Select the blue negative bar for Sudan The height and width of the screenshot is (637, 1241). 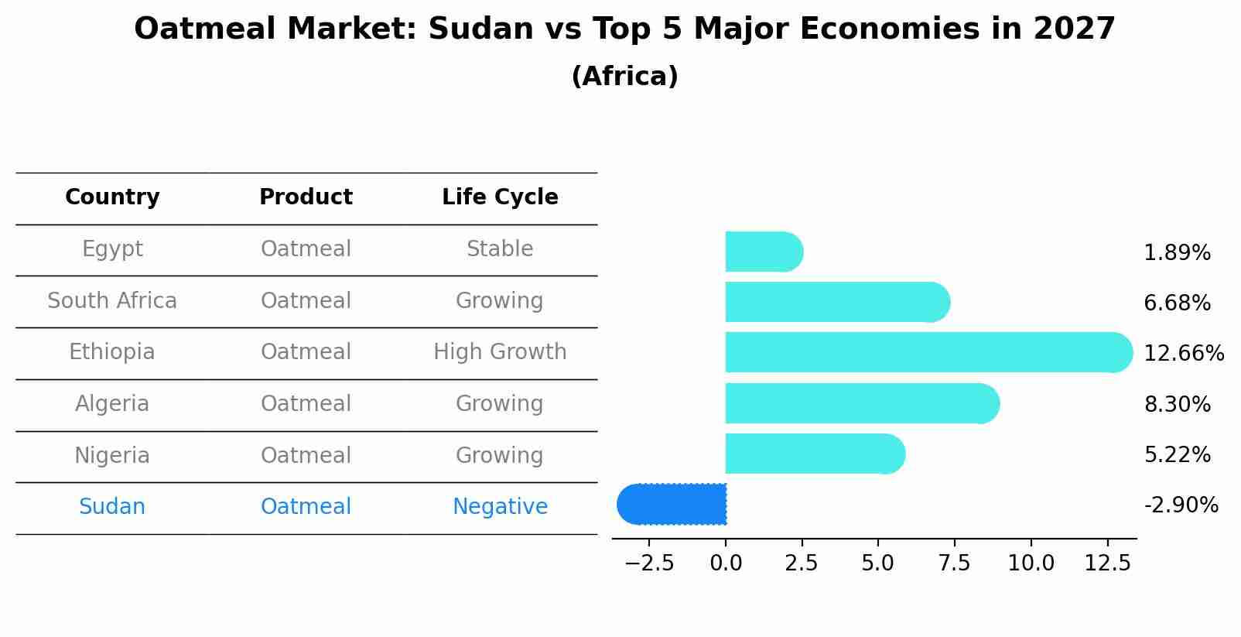[x=672, y=505]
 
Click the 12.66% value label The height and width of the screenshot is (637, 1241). [x=1183, y=354]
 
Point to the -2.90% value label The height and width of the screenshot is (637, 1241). [x=1181, y=505]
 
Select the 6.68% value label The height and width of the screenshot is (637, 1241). [x=1177, y=303]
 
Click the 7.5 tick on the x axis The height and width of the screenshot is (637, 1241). [x=954, y=563]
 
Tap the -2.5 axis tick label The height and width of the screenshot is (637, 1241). [x=649, y=563]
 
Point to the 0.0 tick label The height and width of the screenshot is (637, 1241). [x=726, y=563]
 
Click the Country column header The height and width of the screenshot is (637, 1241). [x=112, y=197]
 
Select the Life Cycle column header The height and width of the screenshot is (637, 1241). [x=500, y=197]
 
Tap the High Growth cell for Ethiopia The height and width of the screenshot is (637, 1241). [x=500, y=352]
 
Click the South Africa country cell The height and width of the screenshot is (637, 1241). [x=112, y=300]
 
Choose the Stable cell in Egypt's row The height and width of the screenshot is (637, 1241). [x=500, y=249]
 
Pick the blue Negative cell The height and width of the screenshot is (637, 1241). [x=500, y=507]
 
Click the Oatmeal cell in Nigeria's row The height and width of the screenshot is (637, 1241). [x=306, y=455]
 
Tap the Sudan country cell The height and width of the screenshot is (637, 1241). [x=112, y=507]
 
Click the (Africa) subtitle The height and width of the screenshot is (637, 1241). [x=624, y=77]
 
